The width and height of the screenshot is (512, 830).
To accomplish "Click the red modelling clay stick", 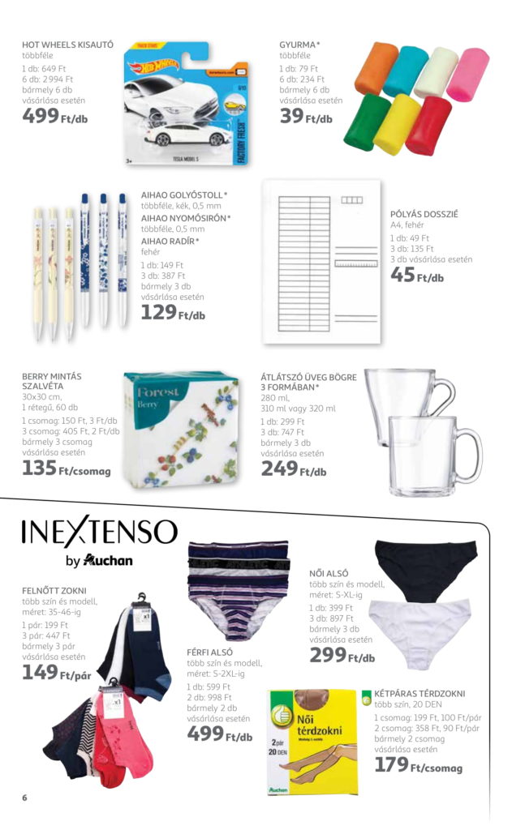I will [x=428, y=126].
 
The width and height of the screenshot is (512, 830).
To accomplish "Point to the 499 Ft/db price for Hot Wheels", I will [x=56, y=117].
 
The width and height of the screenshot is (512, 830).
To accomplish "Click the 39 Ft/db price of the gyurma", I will [x=306, y=118].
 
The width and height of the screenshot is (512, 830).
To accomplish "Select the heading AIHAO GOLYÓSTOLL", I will [x=183, y=195].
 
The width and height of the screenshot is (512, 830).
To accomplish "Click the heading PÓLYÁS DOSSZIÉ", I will [x=424, y=214].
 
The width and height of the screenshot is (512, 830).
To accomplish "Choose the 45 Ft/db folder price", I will [x=417, y=276].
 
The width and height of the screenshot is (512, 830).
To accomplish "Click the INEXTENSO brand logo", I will [x=98, y=532].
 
